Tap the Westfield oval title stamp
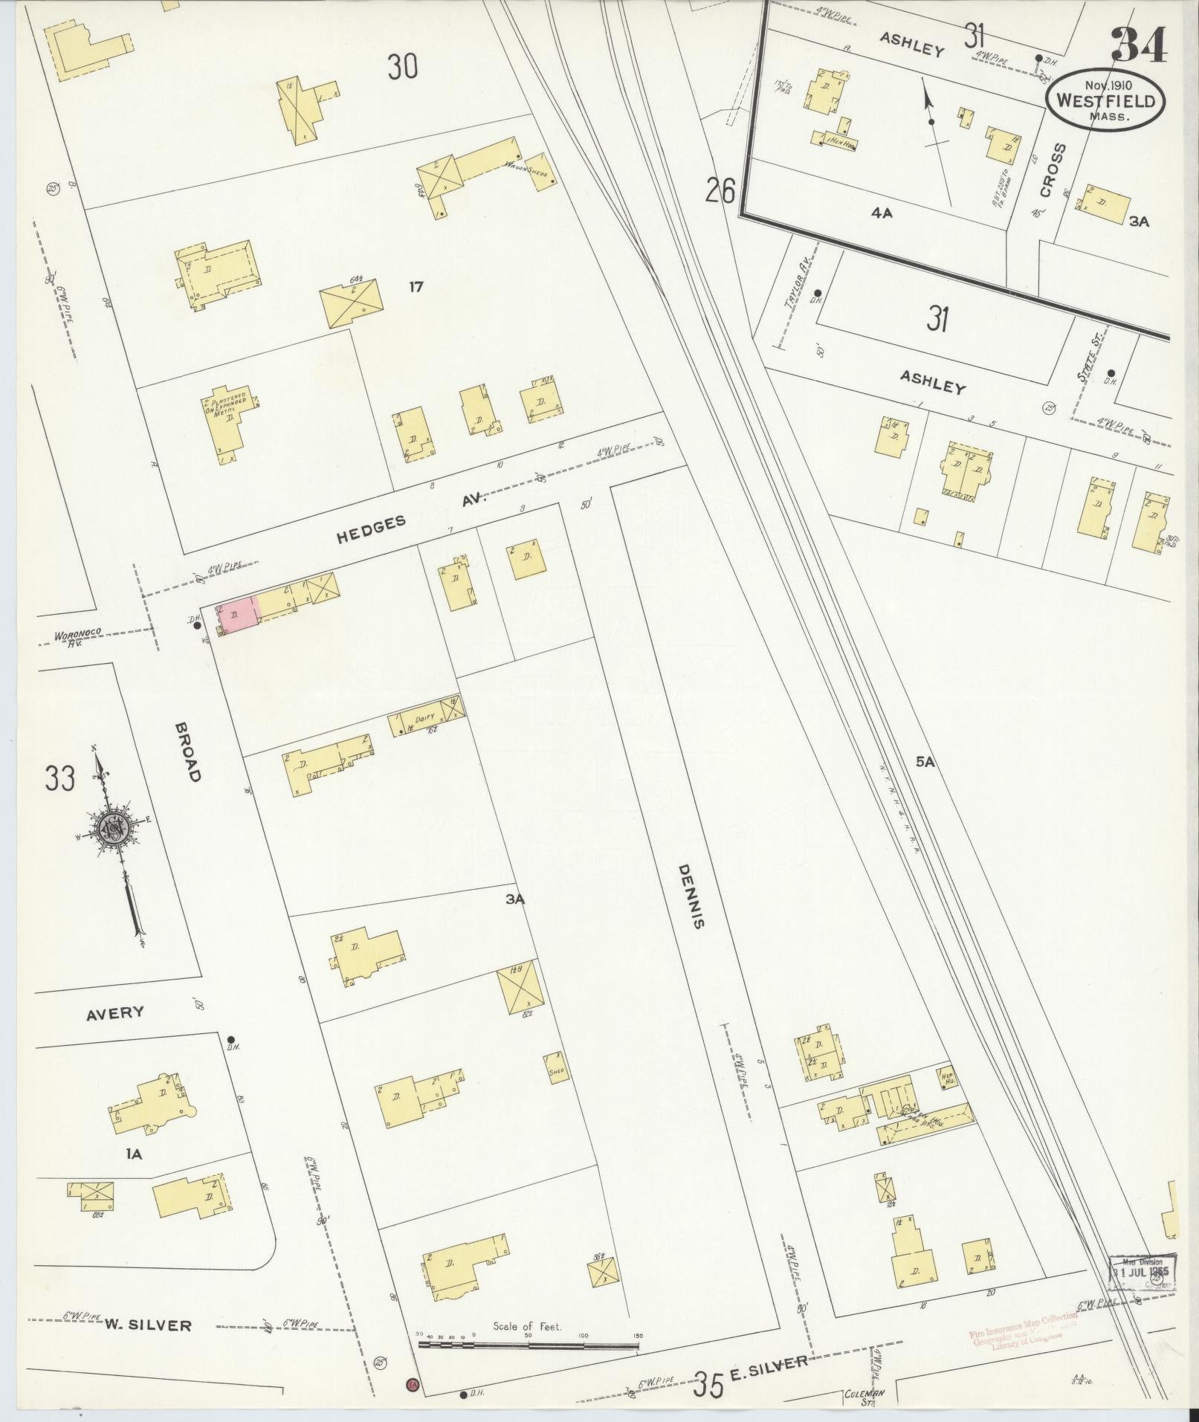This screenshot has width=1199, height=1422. (x=1105, y=100)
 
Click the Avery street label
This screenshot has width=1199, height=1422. (x=114, y=1012)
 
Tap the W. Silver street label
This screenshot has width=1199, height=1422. (x=147, y=1324)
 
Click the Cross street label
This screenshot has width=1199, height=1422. (x=1053, y=170)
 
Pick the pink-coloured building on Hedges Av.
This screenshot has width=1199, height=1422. (x=238, y=615)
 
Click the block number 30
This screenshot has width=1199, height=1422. (x=402, y=67)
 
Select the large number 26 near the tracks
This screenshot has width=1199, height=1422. (x=720, y=191)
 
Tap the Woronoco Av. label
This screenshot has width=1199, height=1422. (x=78, y=637)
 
